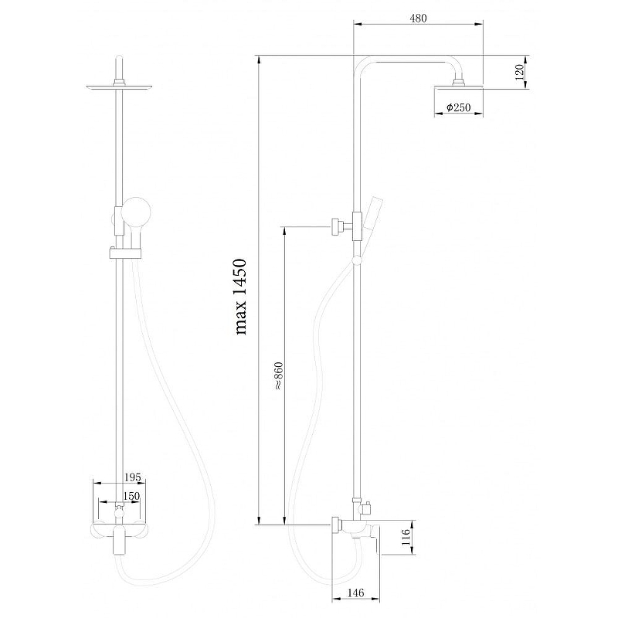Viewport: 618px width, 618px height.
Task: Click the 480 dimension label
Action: (x=418, y=18)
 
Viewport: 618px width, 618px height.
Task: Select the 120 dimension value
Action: (x=519, y=72)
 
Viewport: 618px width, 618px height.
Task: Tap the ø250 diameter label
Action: (x=458, y=107)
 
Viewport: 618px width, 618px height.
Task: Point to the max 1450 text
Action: (x=241, y=297)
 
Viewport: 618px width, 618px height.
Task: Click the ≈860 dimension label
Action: (x=278, y=376)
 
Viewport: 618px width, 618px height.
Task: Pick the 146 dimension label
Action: (x=356, y=593)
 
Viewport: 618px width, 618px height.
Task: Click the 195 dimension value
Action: (x=132, y=477)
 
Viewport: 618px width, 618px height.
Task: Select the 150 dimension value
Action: (x=131, y=496)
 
